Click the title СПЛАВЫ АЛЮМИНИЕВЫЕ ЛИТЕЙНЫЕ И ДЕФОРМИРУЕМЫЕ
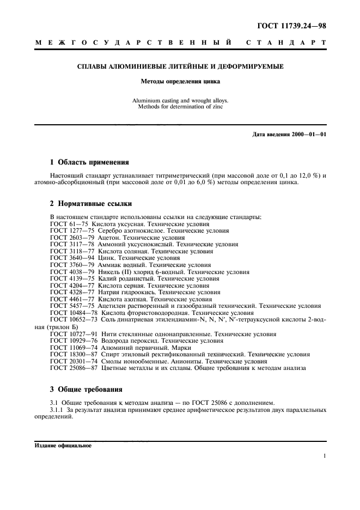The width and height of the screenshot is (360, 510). pos(180,67)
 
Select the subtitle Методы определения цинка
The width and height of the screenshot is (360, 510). pos(180,83)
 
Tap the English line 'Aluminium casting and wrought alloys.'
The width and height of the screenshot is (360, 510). pos(180,101)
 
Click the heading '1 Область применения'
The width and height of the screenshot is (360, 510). pos(89,162)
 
